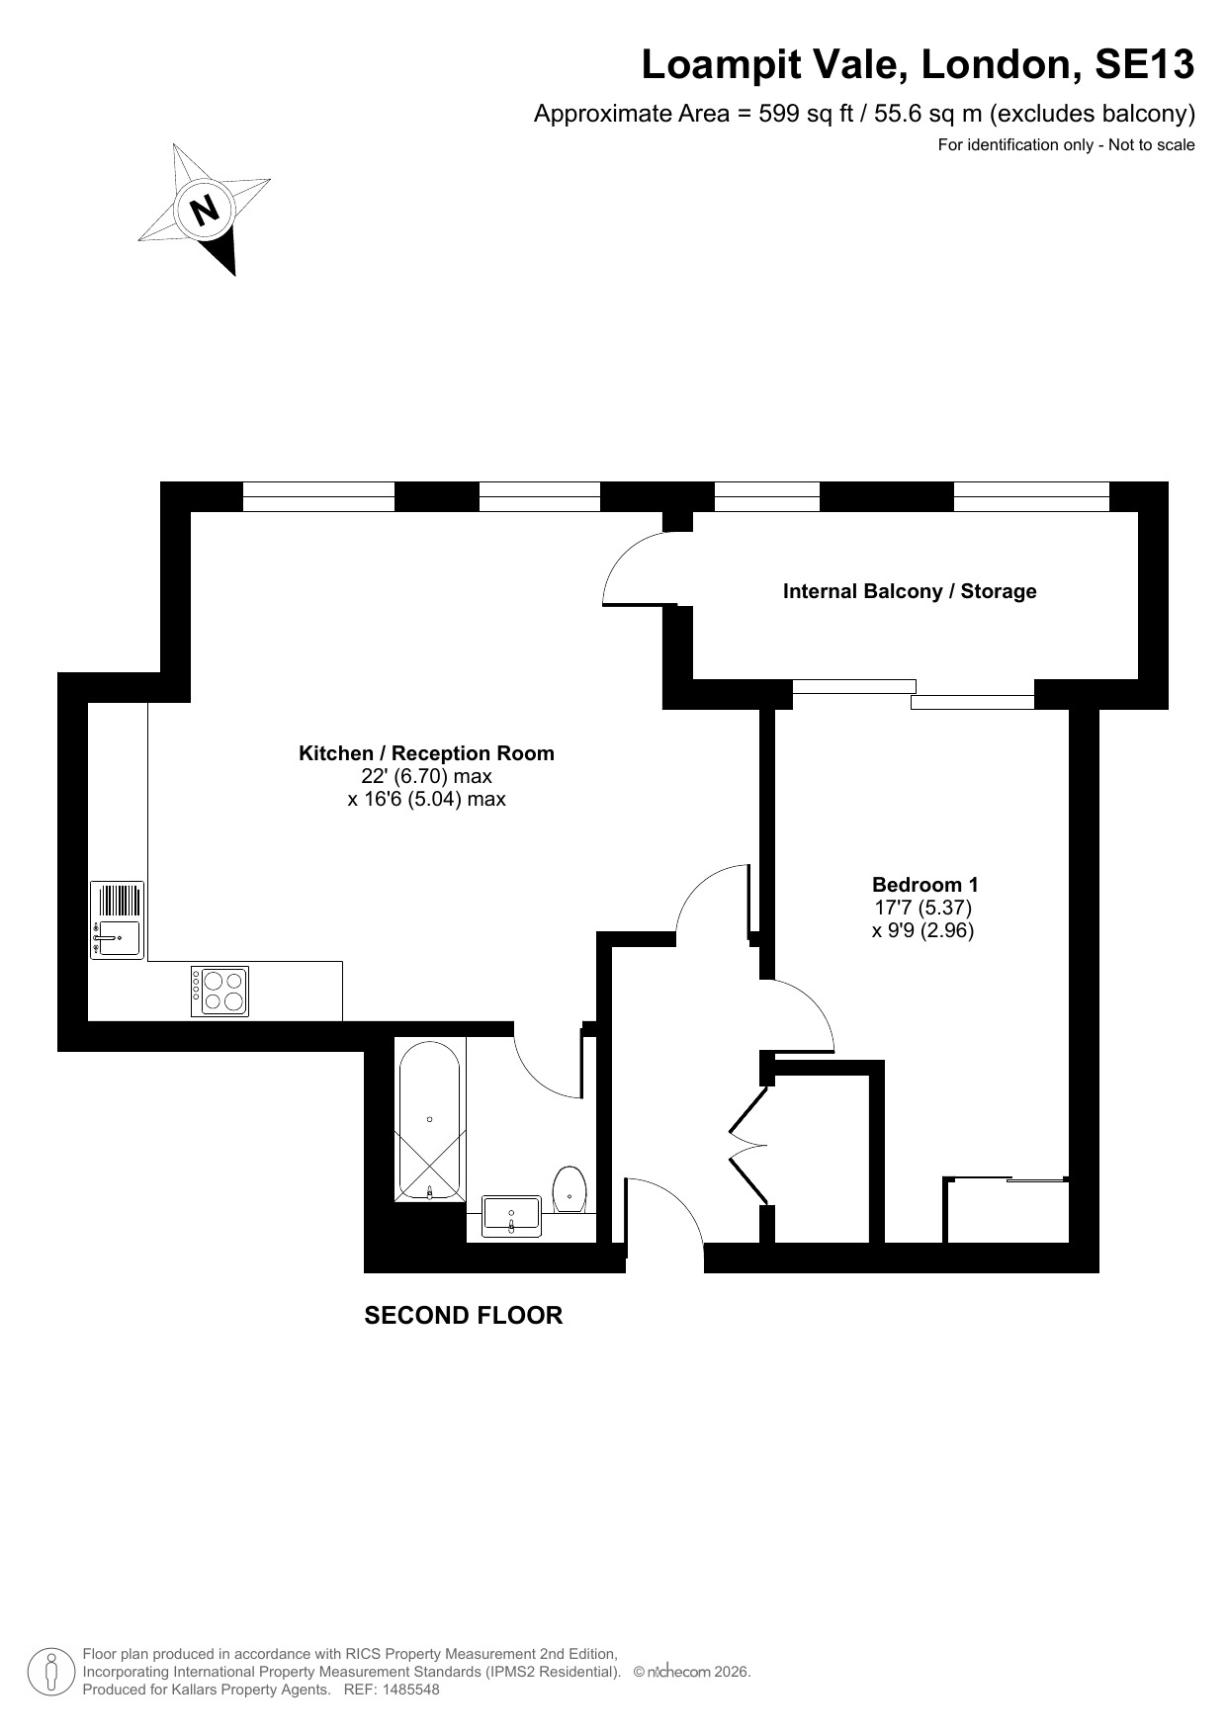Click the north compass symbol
205,210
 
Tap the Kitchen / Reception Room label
426,753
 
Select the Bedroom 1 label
924,885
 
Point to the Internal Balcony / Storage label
910,591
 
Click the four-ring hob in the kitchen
219,992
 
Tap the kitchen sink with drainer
117,920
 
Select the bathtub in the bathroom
429,1118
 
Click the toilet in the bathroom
570,1189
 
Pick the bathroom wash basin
511,1216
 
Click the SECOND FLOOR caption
464,1316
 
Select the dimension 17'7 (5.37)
923,908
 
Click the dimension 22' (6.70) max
426,776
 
